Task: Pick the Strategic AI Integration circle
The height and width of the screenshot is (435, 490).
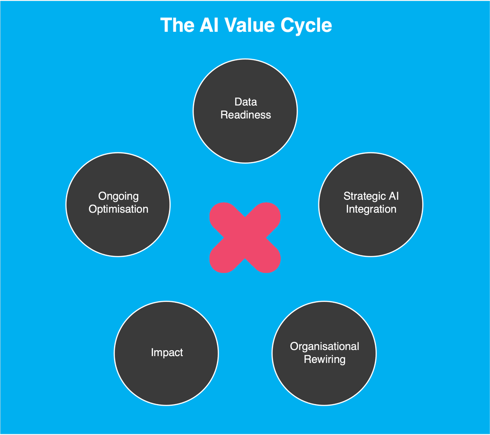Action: click(370, 225)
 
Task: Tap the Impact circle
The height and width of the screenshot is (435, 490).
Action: click(166, 372)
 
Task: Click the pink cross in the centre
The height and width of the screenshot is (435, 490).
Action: click(245, 237)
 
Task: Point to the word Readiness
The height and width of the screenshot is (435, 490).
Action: click(245, 115)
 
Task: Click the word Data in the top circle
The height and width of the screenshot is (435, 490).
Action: click(245, 102)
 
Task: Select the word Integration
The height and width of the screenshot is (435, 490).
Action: click(371, 209)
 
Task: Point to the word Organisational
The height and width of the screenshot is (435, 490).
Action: click(324, 346)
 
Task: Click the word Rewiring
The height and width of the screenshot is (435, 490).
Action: click(324, 359)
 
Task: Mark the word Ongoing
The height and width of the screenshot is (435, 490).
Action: click(118, 196)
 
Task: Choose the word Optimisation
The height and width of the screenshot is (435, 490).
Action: click(118, 209)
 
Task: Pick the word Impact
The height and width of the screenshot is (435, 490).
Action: click(167, 353)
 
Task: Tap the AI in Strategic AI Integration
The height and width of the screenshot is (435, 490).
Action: click(393, 196)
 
